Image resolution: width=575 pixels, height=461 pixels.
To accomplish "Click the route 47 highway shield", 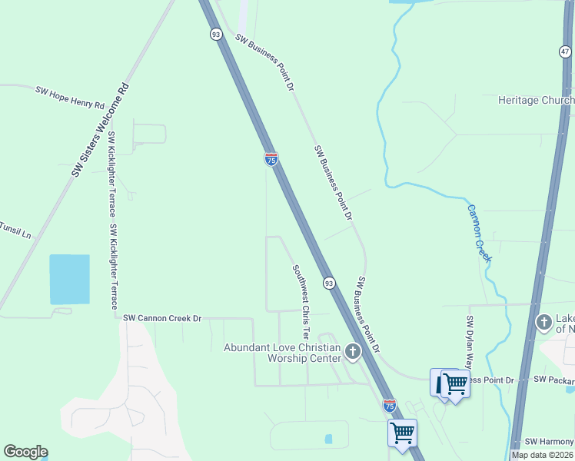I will tap(564, 51).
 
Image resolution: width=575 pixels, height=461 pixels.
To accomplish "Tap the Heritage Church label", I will tap(536, 101).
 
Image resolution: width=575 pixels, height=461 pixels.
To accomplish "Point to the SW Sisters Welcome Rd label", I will tap(101, 129).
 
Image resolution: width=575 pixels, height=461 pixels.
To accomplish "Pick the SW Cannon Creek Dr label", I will tap(161, 318).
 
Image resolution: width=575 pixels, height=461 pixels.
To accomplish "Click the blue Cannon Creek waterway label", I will tap(478, 233).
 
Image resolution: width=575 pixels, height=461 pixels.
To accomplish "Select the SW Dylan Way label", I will tap(469, 343).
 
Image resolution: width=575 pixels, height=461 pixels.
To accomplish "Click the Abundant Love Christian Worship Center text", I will tap(281, 353).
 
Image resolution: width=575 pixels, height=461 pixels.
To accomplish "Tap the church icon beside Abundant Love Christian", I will tap(353, 353).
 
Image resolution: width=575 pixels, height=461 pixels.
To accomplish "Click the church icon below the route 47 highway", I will tap(543, 322).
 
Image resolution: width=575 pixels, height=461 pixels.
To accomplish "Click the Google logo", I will tap(25, 452).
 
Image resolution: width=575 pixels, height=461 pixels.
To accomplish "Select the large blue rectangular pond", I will tap(69, 279).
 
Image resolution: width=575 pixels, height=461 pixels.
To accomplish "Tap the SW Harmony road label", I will tap(549, 442).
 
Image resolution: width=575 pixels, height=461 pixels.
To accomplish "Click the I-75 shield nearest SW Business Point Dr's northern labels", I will tap(271, 159).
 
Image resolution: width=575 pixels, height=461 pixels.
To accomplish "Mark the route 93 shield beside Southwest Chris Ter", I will tap(328, 284).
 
